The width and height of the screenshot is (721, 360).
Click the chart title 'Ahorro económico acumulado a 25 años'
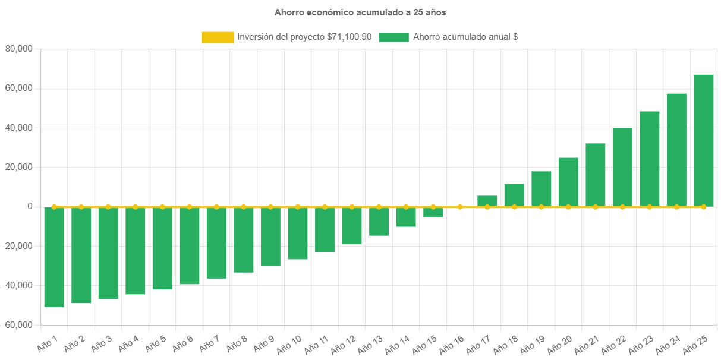point(360,12)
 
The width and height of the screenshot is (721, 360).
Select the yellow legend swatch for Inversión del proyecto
point(218,37)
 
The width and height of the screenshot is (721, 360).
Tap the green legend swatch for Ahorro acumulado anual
point(393,37)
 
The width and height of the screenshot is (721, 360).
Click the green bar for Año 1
point(54,257)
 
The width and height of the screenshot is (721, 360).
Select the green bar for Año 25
point(704,140)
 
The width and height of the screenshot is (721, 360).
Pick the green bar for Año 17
point(487,201)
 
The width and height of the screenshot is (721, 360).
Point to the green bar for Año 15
point(433,212)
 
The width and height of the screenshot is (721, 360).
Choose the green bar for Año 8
point(244,239)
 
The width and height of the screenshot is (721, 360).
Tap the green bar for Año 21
point(596,175)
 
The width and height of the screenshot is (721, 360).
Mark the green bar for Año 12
point(352,225)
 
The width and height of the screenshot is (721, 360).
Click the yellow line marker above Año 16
point(460,207)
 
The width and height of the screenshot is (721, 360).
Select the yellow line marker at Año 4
point(136,207)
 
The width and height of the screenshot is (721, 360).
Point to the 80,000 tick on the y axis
point(18,49)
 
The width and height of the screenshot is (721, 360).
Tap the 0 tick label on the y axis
point(29,207)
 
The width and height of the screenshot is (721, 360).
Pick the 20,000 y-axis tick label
point(18,168)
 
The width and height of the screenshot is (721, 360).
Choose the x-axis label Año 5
point(156,343)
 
